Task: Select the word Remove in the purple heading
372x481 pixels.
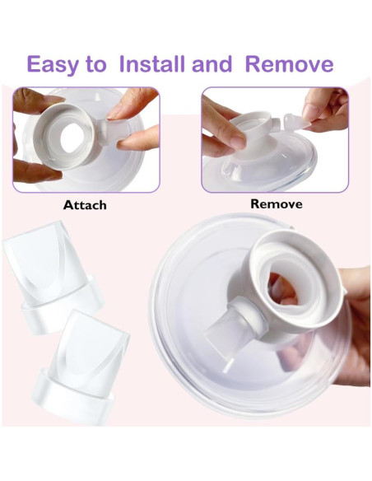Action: tap(290, 63)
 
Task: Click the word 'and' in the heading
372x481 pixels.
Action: tap(215, 63)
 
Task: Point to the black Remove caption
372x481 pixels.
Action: tap(276, 203)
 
